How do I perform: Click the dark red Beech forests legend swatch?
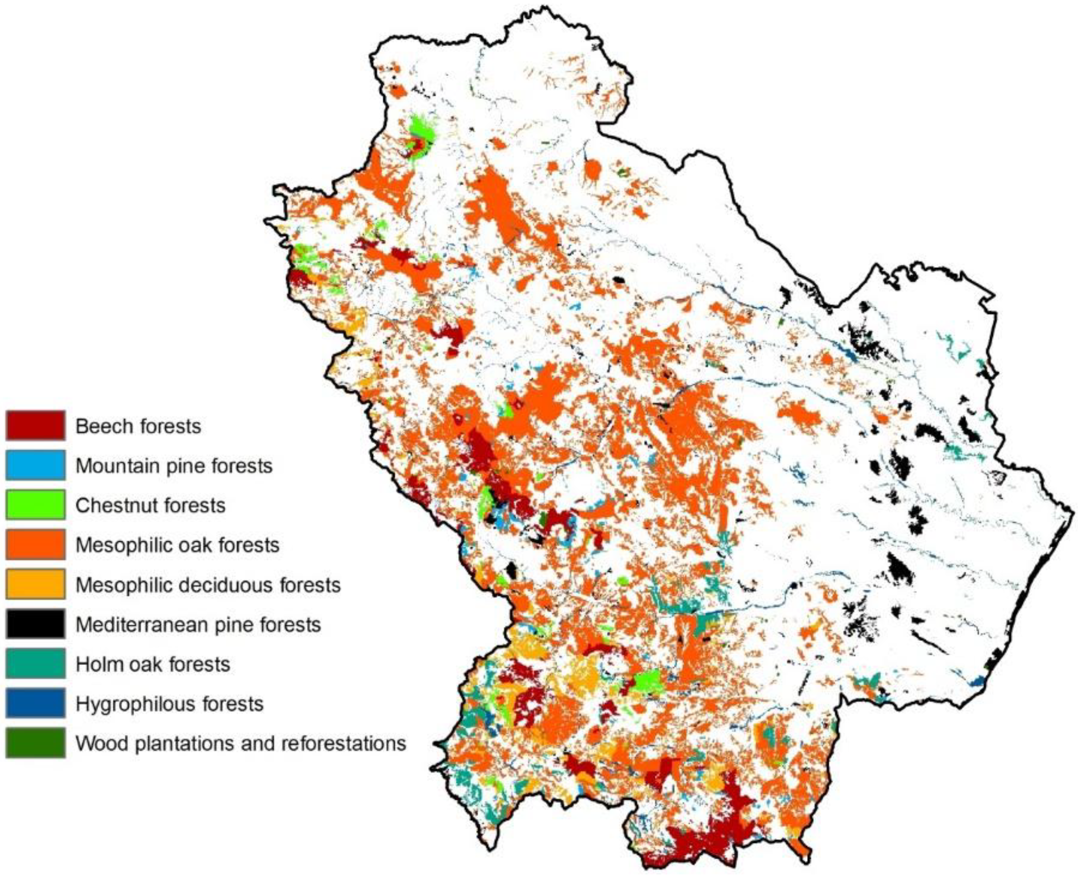click(36, 425)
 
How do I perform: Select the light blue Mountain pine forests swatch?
click(36, 465)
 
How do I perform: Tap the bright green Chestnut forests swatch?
click(36, 505)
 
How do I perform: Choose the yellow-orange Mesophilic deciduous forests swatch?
click(36, 584)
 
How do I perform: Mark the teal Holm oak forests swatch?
click(36, 663)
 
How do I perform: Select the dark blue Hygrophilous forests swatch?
click(36, 703)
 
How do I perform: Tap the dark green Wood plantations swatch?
click(36, 743)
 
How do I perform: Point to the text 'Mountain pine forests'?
click(174, 465)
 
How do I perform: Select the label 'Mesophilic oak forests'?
click(177, 545)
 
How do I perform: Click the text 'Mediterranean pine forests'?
click(198, 624)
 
